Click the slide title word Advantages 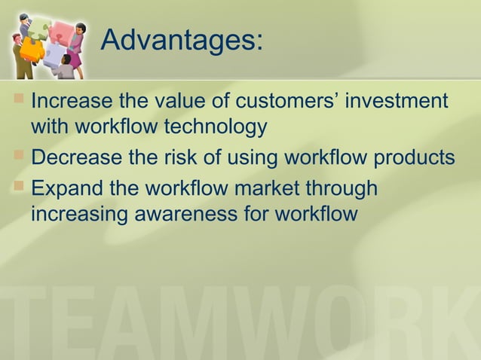pos(181,41)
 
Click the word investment pos(397,101)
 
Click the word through pos(348,189)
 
